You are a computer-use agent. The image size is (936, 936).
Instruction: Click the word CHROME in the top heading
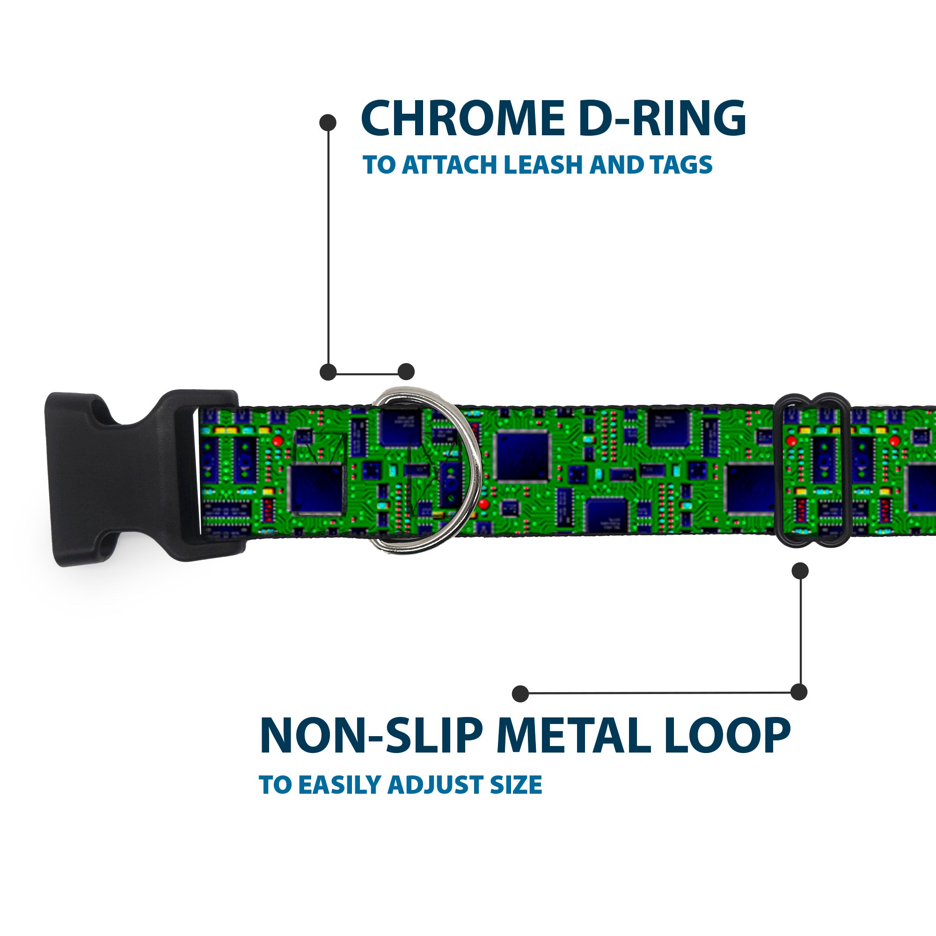click(x=462, y=118)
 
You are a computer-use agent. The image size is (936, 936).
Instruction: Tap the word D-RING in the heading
click(x=662, y=118)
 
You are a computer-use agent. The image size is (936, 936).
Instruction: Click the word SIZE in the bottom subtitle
click(x=515, y=785)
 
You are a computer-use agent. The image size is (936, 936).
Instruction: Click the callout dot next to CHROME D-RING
click(x=328, y=122)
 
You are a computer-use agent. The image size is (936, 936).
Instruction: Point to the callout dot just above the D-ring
click(x=406, y=372)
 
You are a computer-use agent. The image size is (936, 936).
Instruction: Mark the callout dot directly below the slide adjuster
click(x=800, y=570)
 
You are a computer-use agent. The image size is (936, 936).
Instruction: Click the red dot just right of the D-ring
click(x=483, y=505)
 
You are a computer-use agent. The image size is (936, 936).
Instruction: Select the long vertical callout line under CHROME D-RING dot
click(x=329, y=247)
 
